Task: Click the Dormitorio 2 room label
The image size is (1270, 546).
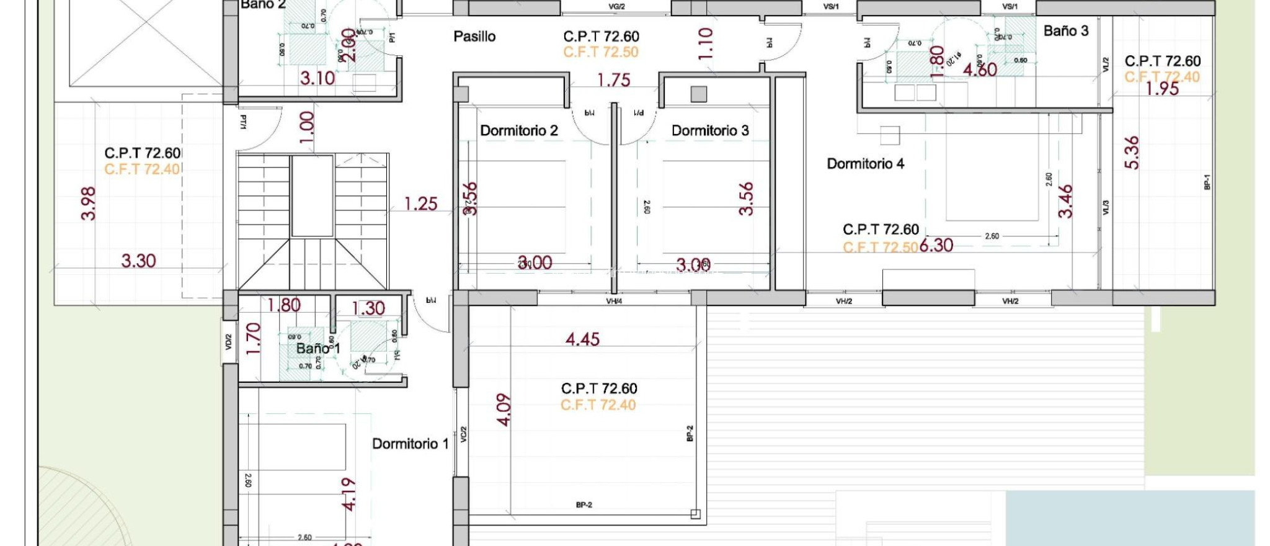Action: tap(518, 130)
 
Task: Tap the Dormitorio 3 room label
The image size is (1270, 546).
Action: tap(709, 130)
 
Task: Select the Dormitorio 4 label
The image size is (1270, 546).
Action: tap(865, 164)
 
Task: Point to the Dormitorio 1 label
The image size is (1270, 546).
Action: tap(410, 444)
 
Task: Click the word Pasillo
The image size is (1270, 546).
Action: tap(474, 37)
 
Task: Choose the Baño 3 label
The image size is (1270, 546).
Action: tap(1065, 31)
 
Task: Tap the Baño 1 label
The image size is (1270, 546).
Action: tap(318, 348)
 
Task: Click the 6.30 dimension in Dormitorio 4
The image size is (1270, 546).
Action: tap(936, 246)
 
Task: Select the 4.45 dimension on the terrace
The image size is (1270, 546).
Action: tap(582, 339)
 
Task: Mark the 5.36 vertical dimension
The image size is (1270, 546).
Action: tap(1132, 153)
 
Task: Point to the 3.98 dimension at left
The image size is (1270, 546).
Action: tap(89, 204)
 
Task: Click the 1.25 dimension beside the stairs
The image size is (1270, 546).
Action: tap(420, 204)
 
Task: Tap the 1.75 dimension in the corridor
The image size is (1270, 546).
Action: tap(613, 80)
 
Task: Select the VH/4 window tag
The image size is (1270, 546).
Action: tap(613, 302)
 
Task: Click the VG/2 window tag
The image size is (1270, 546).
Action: tap(616, 7)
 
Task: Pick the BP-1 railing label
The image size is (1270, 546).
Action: tap(1207, 182)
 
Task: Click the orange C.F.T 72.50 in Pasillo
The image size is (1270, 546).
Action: tap(600, 52)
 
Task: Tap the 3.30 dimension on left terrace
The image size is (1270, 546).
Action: tap(138, 261)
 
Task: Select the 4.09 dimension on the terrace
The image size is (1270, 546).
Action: tap(504, 409)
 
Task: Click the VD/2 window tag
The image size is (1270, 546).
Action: tap(228, 342)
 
